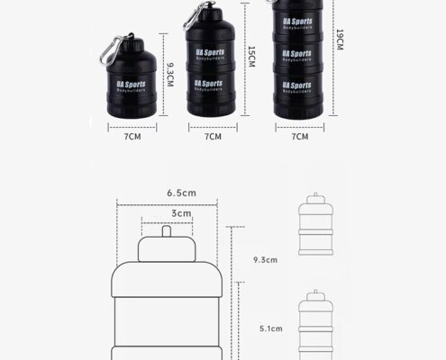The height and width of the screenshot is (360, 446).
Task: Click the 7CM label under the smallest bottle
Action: (x=132, y=137)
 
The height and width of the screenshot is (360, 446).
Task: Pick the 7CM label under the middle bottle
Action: (x=214, y=137)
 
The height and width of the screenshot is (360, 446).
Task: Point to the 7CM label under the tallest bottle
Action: (x=299, y=137)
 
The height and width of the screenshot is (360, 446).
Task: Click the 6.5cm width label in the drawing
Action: (x=182, y=193)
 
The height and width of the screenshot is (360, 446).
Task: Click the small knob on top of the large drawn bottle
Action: (x=168, y=231)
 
